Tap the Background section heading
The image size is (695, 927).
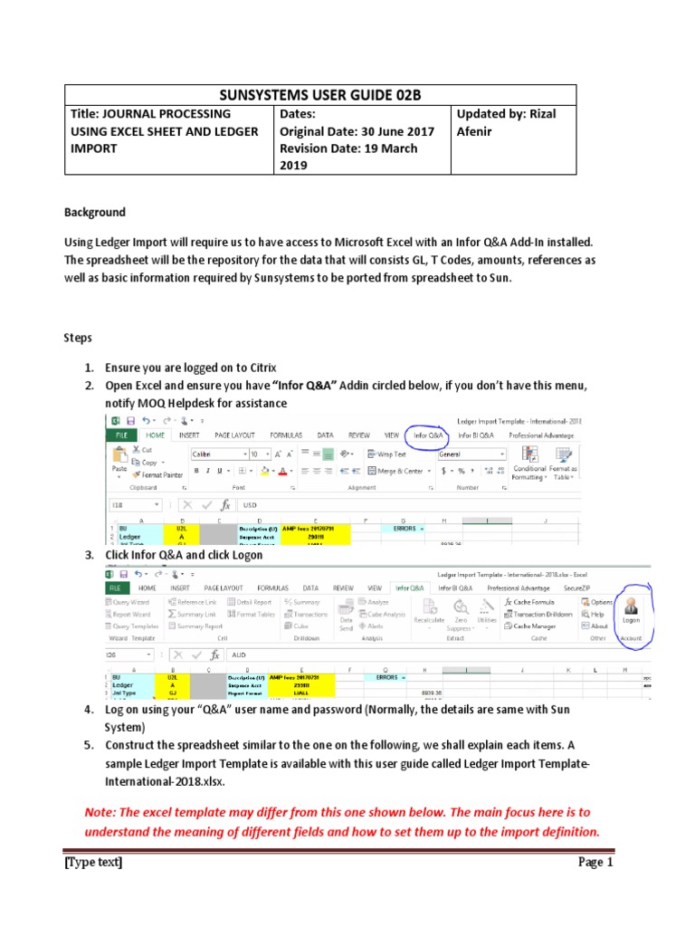94,213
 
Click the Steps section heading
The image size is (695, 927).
77,338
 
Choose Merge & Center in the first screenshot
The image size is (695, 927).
399,471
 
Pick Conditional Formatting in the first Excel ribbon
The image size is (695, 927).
529,473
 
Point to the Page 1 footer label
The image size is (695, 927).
595,863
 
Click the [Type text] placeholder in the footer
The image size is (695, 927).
93,863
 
